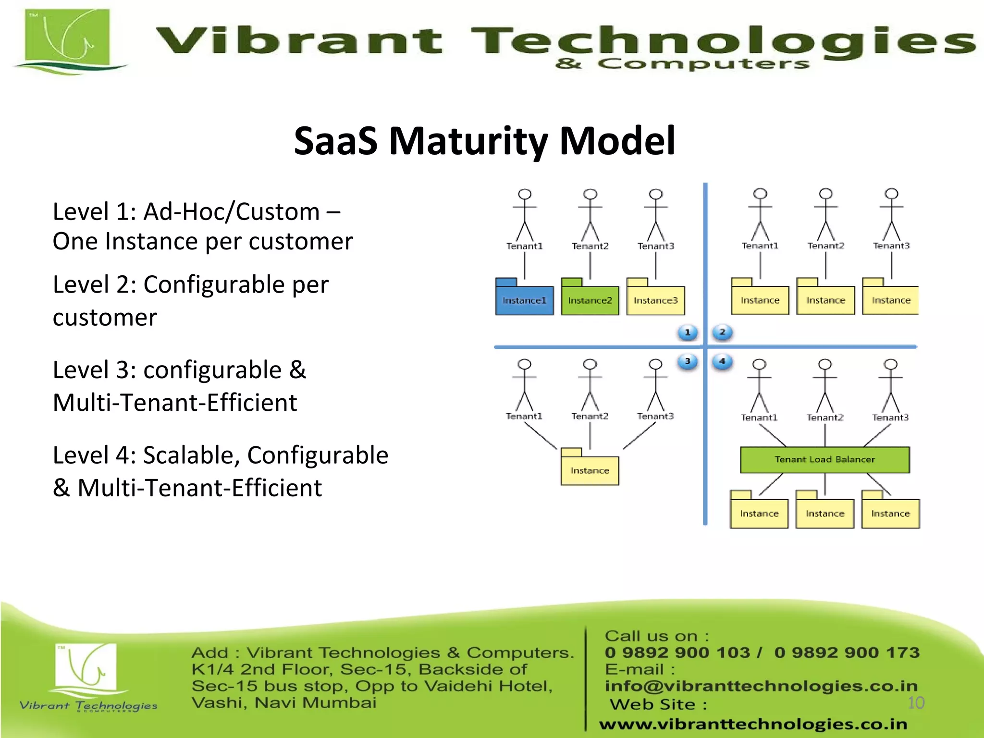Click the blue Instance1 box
pyautogui.click(x=524, y=300)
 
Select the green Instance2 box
pyautogui.click(x=590, y=300)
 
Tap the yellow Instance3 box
pyautogui.click(x=655, y=300)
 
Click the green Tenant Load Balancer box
pyautogui.click(x=824, y=460)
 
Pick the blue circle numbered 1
pyautogui.click(x=688, y=332)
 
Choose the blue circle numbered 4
pyautogui.click(x=722, y=361)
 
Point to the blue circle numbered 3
pyautogui.click(x=688, y=361)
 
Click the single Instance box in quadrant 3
pyautogui.click(x=590, y=470)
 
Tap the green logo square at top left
pyautogui.click(x=67, y=38)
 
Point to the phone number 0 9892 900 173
pyautogui.click(x=847, y=652)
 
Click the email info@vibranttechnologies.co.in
pyautogui.click(x=761, y=686)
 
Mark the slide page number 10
pyautogui.click(x=916, y=703)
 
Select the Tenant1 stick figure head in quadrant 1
pyautogui.click(x=525, y=194)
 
